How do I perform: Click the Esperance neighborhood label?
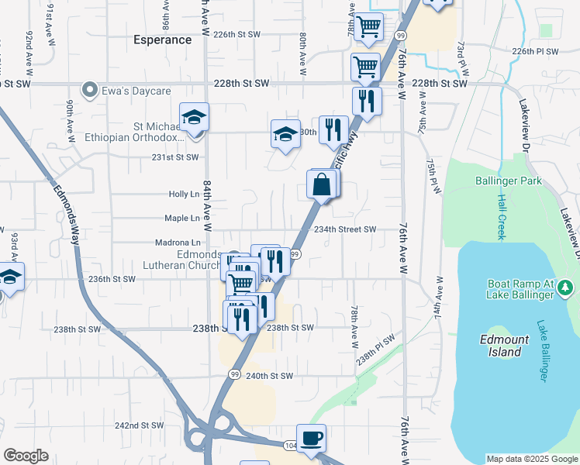tap(162, 40)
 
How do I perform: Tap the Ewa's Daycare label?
tap(136, 91)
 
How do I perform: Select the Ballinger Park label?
tap(508, 181)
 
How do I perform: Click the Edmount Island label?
tap(505, 346)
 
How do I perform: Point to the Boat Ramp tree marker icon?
tap(567, 288)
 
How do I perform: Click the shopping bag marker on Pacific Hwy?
tap(320, 186)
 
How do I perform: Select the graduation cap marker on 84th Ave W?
tap(194, 119)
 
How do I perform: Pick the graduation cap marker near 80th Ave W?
tap(285, 135)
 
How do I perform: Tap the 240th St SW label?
tap(269, 376)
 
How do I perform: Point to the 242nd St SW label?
tap(139, 425)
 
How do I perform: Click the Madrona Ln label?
tap(182, 243)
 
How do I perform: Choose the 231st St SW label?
tap(175, 157)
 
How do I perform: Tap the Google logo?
tap(26, 456)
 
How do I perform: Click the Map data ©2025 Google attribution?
tap(532, 459)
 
